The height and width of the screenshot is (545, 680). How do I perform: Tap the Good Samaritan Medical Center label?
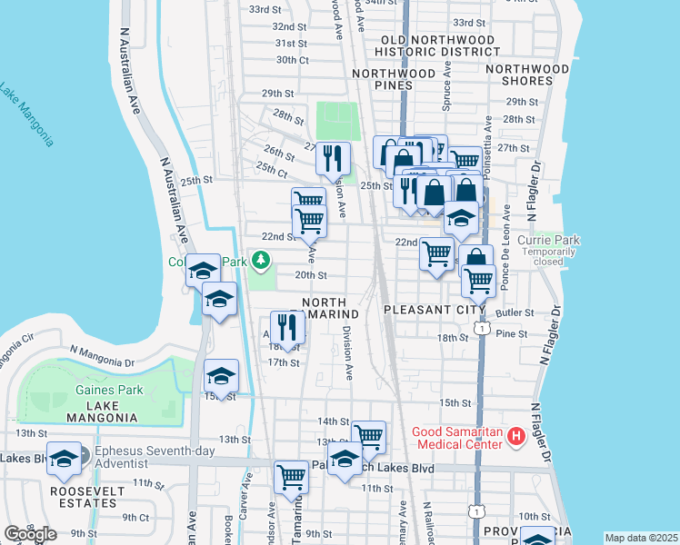[457, 438]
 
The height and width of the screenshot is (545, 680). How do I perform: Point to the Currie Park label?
[548, 241]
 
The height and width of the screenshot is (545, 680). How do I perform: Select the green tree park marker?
[262, 263]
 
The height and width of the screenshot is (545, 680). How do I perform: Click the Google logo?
[30, 534]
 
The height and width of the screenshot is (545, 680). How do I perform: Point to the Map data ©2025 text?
[641, 538]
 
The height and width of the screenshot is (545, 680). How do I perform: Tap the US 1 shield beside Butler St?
[482, 328]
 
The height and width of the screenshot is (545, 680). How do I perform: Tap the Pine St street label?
[512, 334]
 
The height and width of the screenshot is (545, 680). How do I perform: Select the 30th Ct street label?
[293, 60]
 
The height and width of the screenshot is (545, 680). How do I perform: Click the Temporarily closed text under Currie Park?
[548, 253]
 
